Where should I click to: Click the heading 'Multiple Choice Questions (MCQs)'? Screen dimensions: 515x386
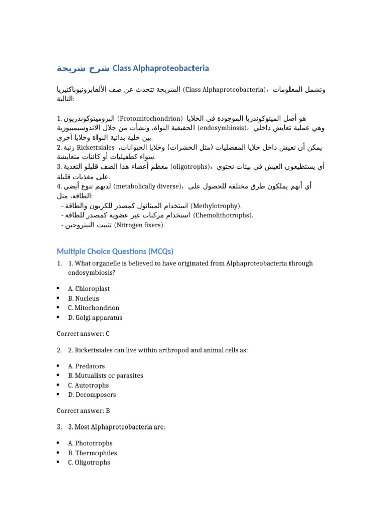(x=115, y=251)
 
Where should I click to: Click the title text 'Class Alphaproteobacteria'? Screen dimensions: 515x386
(x=160, y=68)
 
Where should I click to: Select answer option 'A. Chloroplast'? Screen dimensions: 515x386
(x=89, y=289)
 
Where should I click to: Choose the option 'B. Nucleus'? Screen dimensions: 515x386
(x=84, y=298)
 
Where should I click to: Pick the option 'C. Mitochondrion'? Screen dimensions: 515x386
(x=94, y=308)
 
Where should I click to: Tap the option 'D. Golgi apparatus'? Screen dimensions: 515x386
(x=95, y=318)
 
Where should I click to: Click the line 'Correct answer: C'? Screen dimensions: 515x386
(x=83, y=333)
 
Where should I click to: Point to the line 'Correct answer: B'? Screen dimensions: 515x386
(x=83, y=411)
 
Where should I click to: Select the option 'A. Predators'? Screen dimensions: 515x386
(x=87, y=366)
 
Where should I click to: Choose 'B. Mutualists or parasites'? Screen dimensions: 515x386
(x=106, y=375)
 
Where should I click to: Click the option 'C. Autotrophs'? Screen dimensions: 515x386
(x=88, y=385)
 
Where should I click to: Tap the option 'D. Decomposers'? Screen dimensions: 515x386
(x=92, y=395)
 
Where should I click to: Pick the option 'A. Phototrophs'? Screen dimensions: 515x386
(x=90, y=443)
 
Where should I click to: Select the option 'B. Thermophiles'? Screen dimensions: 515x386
(x=92, y=453)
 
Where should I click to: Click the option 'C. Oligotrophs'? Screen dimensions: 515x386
(x=89, y=462)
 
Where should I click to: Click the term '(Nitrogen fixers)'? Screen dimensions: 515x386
(x=140, y=225)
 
